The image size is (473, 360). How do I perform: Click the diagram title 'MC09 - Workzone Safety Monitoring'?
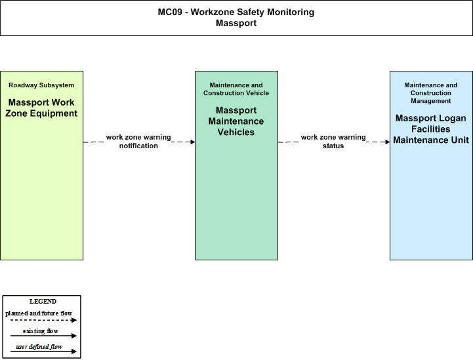click(x=236, y=12)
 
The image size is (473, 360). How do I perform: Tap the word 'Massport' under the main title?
click(x=236, y=23)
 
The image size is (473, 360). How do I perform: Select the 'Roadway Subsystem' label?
click(x=41, y=85)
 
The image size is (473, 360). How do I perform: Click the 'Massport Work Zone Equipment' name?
click(x=41, y=108)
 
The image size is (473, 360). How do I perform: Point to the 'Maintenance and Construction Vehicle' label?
click(x=236, y=89)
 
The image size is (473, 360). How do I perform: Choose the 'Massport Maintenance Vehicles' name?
click(x=236, y=121)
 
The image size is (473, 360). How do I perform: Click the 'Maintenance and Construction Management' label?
click(x=431, y=93)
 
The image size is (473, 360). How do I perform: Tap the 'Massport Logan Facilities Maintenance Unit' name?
click(x=431, y=129)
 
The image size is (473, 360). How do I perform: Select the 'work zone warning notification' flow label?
click(x=138, y=142)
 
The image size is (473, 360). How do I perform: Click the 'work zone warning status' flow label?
click(x=333, y=142)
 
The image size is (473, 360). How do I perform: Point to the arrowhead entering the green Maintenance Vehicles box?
click(x=193, y=142)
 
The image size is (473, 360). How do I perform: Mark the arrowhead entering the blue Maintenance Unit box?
click(x=388, y=142)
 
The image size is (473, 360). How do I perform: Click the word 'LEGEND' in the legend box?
click(x=43, y=302)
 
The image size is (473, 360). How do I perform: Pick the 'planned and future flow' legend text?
click(x=39, y=313)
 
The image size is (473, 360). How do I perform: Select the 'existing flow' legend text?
click(x=41, y=331)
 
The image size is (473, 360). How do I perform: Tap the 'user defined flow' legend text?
click(x=39, y=347)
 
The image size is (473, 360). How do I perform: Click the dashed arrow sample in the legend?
click(x=43, y=320)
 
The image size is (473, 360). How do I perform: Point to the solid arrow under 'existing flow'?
click(x=43, y=336)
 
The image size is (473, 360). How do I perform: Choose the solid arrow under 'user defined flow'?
click(x=43, y=351)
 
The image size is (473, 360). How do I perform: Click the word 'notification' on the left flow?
click(x=138, y=146)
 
